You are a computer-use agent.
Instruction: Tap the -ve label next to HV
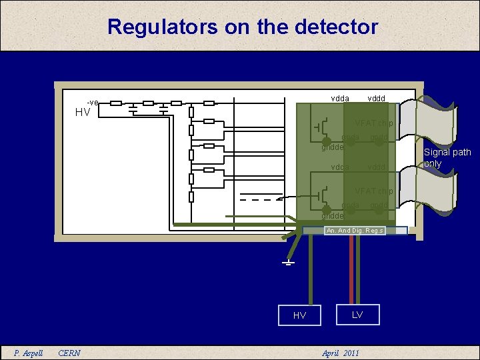coord(93,103)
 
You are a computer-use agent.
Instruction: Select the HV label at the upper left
coord(83,113)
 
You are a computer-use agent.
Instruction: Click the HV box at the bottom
coord(299,315)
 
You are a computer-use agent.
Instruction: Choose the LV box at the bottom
coord(357,314)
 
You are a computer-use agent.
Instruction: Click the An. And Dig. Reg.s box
coord(354,231)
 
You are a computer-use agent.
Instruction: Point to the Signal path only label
coord(447,158)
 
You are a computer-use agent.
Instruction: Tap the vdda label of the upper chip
coord(339,98)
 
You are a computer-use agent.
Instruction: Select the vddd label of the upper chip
coord(377,98)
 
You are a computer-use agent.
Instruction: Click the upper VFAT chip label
coord(374,123)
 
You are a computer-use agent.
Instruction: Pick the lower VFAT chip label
coord(374,191)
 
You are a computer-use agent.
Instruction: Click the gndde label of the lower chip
coord(332,216)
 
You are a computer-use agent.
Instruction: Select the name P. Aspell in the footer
coord(29,353)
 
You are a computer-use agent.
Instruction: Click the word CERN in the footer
coord(69,353)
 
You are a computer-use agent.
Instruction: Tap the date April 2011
coord(341,353)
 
